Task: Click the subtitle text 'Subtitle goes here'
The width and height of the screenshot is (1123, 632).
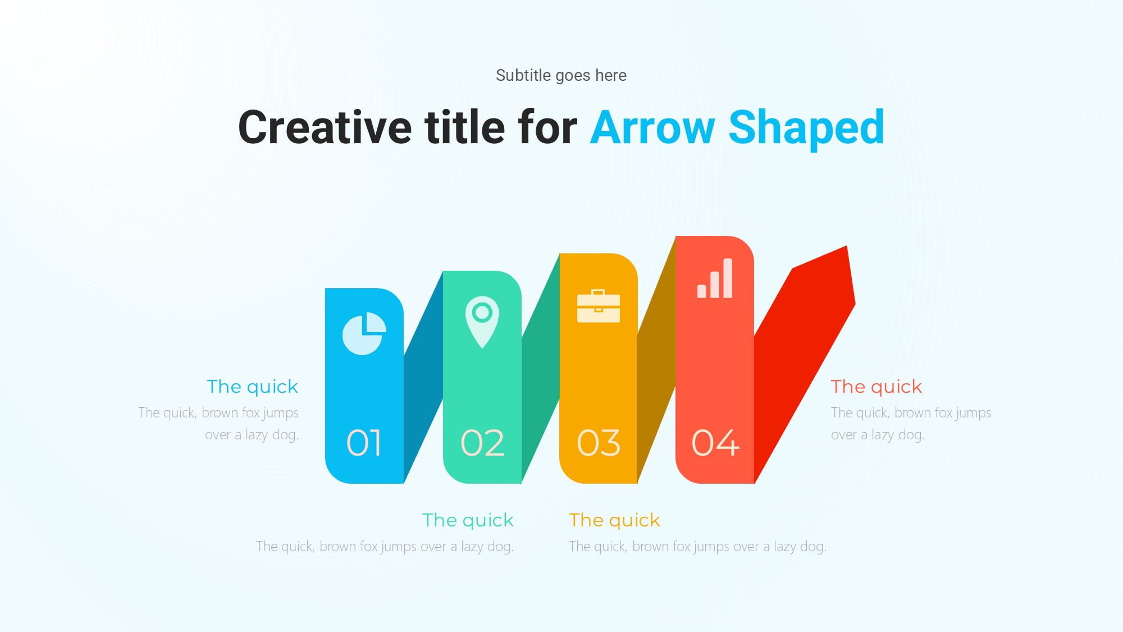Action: [561, 75]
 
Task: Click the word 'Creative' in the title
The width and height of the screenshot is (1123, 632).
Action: [325, 128]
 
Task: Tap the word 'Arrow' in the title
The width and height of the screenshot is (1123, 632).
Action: [652, 128]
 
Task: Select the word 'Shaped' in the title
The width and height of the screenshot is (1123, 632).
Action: [806, 129]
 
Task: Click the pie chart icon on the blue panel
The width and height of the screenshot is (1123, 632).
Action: [364, 334]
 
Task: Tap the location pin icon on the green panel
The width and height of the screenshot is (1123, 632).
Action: [482, 322]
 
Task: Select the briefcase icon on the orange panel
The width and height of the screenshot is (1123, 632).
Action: [599, 306]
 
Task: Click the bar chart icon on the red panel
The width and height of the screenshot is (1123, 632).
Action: [715, 278]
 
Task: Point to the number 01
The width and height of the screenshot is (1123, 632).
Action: [364, 443]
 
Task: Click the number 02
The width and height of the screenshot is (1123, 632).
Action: [482, 443]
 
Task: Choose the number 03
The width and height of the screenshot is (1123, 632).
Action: [599, 443]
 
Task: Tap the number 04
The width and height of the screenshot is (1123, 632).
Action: [715, 443]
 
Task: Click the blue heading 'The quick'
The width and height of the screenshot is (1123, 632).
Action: [253, 387]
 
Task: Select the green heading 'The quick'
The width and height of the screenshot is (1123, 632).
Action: [468, 521]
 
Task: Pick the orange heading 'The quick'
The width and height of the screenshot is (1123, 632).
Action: [615, 521]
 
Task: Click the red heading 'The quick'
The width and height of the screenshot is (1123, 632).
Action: [877, 387]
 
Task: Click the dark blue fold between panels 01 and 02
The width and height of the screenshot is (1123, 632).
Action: [423, 376]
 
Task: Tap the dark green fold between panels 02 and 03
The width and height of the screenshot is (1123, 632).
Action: [541, 368]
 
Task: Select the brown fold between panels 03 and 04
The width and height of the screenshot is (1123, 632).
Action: [656, 360]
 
